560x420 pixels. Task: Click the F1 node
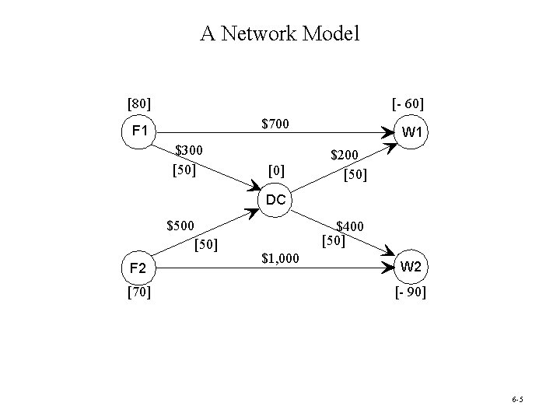click(x=140, y=130)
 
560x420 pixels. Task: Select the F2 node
click(x=138, y=268)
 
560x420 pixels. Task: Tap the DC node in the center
click(x=275, y=200)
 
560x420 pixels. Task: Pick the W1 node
click(x=411, y=132)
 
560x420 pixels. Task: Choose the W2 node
click(x=411, y=267)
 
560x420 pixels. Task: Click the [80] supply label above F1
click(x=139, y=103)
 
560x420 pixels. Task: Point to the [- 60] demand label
click(x=408, y=103)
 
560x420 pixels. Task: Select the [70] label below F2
click(x=138, y=292)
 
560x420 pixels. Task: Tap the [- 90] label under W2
click(x=410, y=293)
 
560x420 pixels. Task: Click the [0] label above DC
click(x=275, y=170)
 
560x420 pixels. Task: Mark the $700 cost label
click(x=275, y=123)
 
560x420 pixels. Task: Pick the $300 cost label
click(x=189, y=149)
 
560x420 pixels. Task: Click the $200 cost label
click(x=346, y=156)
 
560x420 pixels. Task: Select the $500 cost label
click(x=182, y=227)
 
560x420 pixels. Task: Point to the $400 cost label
click(x=350, y=226)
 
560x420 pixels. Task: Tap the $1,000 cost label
click(x=280, y=257)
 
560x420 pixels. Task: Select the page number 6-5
click(x=518, y=399)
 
